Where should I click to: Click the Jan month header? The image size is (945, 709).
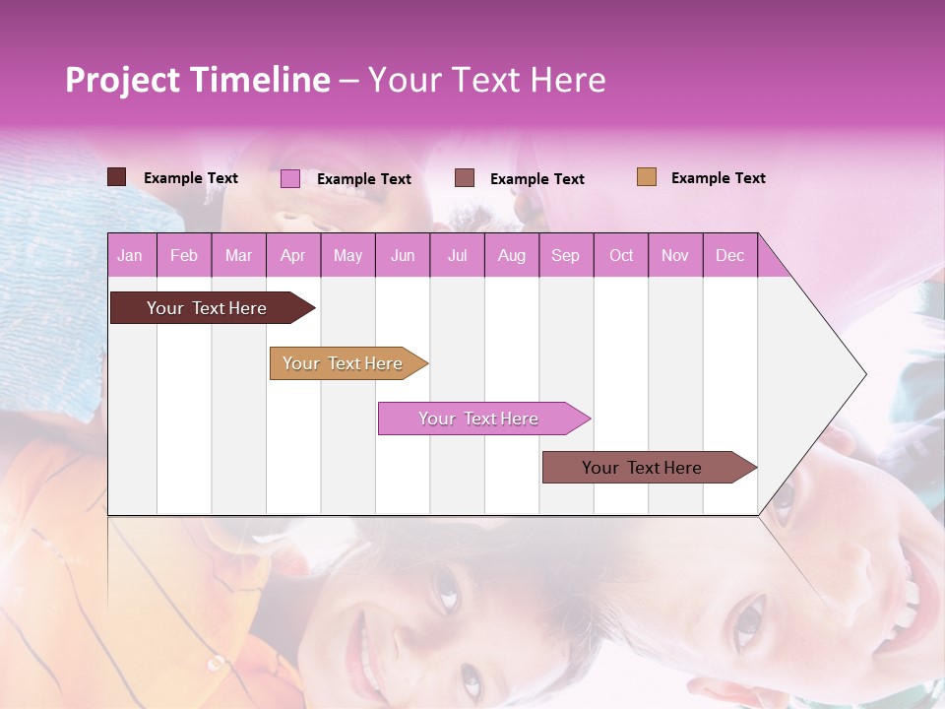click(131, 255)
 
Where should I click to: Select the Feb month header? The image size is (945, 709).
click(184, 255)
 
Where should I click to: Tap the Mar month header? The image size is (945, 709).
click(238, 255)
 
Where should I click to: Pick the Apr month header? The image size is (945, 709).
click(293, 255)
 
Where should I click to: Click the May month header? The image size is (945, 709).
click(347, 255)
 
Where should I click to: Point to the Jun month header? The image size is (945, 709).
click(403, 255)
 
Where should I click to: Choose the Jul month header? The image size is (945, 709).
click(457, 255)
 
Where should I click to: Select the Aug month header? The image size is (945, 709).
click(512, 255)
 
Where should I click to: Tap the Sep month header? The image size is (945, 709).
click(566, 255)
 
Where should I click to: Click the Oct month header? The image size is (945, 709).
click(621, 255)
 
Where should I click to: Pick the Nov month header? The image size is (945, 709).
click(675, 255)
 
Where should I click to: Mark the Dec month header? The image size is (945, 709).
click(730, 255)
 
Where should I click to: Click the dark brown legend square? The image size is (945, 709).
click(117, 177)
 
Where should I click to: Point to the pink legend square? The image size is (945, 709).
click(290, 178)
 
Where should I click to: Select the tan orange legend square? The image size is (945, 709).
click(647, 177)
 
